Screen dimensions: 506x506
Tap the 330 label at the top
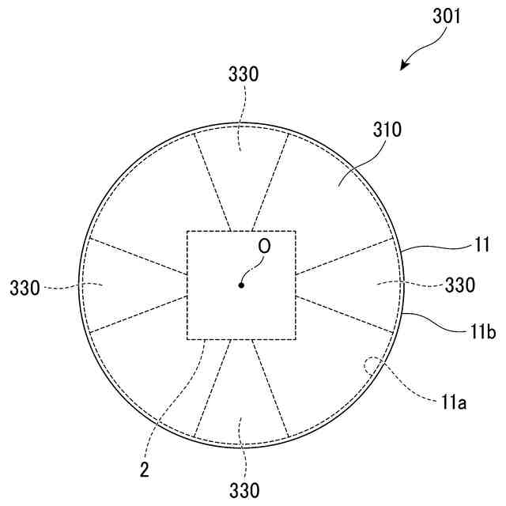click(x=243, y=75)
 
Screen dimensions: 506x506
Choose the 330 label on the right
click(x=460, y=285)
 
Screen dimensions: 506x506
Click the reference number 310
click(x=387, y=130)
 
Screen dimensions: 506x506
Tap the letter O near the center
click(x=264, y=247)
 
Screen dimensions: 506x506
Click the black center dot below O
click(x=242, y=285)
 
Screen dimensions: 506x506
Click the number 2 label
click(x=145, y=470)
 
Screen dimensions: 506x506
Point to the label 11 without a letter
click(x=483, y=246)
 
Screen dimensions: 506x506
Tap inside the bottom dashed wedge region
click(x=242, y=403)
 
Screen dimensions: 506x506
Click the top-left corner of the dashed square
click(x=187, y=231)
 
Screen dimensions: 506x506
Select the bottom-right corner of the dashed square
click(x=296, y=340)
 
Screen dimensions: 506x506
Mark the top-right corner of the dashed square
click(x=296, y=231)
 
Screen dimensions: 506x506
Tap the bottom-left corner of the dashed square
click(x=187, y=340)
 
